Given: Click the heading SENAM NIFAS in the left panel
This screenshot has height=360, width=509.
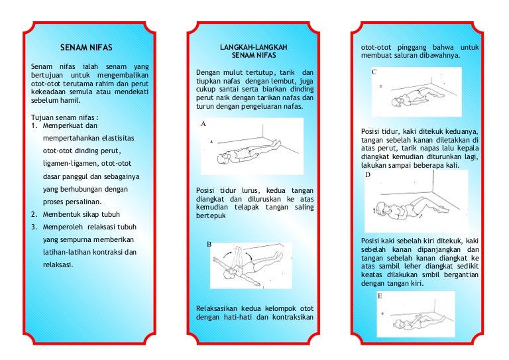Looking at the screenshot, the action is [86, 48].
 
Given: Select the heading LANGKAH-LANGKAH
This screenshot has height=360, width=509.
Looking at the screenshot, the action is [254, 47].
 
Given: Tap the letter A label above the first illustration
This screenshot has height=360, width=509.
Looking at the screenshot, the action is [203, 124].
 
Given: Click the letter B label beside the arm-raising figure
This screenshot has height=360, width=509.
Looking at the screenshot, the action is [209, 245].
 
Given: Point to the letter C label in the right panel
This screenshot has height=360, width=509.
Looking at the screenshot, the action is [374, 72].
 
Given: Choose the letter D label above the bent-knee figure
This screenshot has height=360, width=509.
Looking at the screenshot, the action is [367, 174].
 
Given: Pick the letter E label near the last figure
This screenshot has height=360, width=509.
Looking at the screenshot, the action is [380, 296].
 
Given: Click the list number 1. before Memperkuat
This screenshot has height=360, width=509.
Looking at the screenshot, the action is [34, 125].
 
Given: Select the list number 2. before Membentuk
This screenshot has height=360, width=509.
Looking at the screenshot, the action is [34, 215].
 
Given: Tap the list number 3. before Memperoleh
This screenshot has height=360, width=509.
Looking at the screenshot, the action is [34, 227].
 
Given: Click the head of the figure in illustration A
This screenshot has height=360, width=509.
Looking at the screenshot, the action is [223, 158].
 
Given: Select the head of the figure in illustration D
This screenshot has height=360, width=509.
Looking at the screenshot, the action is [382, 208].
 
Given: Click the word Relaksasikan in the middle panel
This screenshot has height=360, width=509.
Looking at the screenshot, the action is [217, 308].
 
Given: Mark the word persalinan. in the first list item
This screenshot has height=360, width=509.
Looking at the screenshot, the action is [84, 202].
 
